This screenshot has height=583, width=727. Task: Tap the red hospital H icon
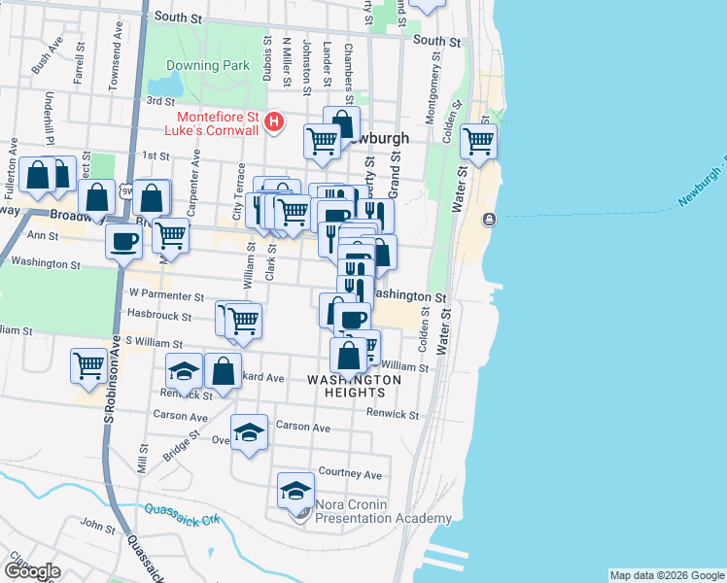[275, 121]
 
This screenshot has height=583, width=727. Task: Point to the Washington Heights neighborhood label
[354, 386]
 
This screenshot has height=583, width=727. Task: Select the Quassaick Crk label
[182, 514]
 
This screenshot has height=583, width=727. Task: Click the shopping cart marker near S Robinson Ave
[88, 365]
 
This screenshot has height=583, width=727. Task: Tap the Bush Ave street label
[40, 61]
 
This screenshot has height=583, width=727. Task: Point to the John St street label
[97, 525]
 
